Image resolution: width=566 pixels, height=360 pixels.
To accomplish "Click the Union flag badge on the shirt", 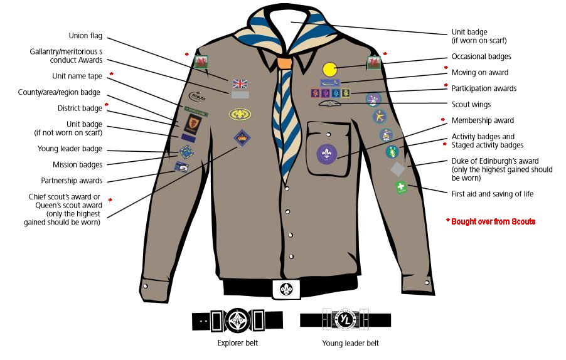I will click(x=240, y=83).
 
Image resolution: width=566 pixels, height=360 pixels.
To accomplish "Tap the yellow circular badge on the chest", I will click(x=330, y=69).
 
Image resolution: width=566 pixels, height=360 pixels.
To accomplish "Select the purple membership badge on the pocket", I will click(x=326, y=154).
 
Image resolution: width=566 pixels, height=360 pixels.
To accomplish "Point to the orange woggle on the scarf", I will click(x=284, y=63).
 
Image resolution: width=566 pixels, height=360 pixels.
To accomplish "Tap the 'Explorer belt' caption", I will click(x=237, y=343).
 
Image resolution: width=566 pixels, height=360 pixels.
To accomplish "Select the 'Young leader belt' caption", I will click(x=350, y=343).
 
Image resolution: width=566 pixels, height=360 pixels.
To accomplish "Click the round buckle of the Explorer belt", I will click(x=237, y=320).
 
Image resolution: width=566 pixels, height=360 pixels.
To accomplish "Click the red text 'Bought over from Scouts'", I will click(x=493, y=221).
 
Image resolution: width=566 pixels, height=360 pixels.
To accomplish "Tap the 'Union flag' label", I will click(x=85, y=36).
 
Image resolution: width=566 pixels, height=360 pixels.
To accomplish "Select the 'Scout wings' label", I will click(x=471, y=105).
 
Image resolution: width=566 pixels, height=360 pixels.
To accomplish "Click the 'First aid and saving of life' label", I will click(x=493, y=194).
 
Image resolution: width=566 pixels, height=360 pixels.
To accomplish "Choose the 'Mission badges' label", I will click(x=77, y=165).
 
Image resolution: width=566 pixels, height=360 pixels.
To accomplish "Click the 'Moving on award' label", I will click(x=480, y=73).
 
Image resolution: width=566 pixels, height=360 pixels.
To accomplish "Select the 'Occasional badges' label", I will click(x=481, y=56).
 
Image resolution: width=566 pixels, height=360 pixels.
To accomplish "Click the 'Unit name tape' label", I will click(x=77, y=77).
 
